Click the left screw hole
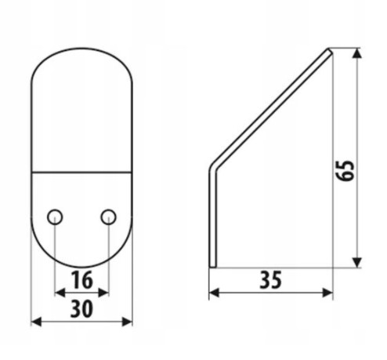[55, 217]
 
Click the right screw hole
[109, 217]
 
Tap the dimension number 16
[82, 280]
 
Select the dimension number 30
[81, 309]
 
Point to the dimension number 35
[271, 280]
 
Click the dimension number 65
[345, 170]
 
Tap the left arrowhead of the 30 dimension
[36, 322]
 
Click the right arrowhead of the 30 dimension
[127, 322]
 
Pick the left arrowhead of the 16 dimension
[60, 293]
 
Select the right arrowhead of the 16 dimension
[103, 293]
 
